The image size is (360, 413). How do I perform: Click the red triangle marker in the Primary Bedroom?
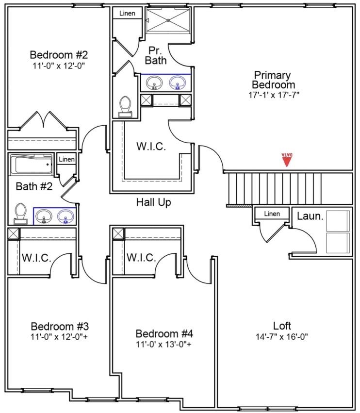click(x=287, y=160)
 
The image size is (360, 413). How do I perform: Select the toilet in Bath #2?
click(x=20, y=213)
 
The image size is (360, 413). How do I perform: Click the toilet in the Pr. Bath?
click(x=126, y=106)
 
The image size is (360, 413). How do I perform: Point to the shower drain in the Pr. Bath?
click(x=168, y=20)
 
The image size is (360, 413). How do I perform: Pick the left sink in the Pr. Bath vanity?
click(x=155, y=83)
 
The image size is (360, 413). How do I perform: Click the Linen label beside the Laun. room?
click(x=272, y=214)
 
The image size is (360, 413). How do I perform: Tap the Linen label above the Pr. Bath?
click(x=127, y=13)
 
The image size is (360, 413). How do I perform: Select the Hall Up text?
click(x=153, y=202)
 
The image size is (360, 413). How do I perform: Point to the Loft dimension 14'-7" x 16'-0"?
click(x=282, y=336)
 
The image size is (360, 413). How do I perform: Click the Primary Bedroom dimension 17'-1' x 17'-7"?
click(x=273, y=95)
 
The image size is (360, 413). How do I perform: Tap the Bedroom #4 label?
click(x=164, y=334)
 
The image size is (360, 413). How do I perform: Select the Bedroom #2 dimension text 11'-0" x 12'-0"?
click(x=59, y=65)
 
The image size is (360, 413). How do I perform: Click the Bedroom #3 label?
click(x=59, y=326)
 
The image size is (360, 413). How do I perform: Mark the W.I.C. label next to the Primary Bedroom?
click(x=150, y=147)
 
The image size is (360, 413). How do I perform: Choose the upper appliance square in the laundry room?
click(x=338, y=221)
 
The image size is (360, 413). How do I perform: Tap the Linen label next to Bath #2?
click(x=66, y=159)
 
